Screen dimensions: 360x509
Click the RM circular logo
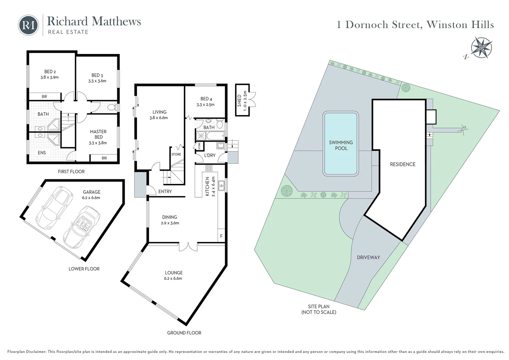click(x=28, y=25)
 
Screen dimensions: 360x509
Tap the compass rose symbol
click(x=481, y=47)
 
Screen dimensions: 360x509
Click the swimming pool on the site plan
click(x=341, y=144)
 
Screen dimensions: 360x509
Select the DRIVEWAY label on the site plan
click(x=368, y=257)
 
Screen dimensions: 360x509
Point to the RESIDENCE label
click(x=402, y=164)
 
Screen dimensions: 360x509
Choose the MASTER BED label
click(x=98, y=134)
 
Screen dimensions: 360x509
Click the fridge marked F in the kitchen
click(x=221, y=236)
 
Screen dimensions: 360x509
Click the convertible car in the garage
click(x=82, y=225)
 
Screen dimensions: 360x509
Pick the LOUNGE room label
click(x=173, y=273)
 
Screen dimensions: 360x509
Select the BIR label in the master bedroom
click(x=104, y=158)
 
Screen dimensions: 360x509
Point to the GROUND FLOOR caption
click(x=184, y=333)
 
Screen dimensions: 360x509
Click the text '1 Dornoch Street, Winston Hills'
click(x=415, y=25)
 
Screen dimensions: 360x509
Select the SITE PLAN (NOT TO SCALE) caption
click(x=318, y=309)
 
